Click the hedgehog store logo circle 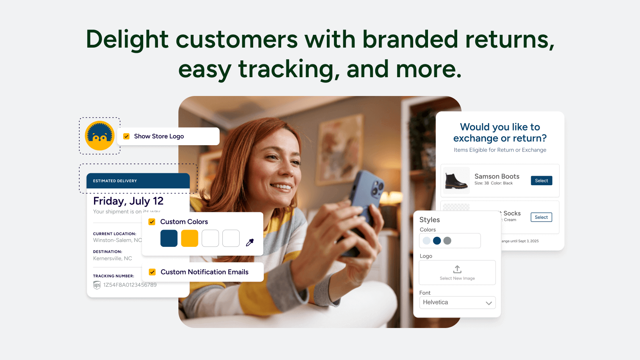pyautogui.click(x=100, y=136)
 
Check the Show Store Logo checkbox pyautogui.click(x=126, y=136)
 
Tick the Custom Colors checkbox pyautogui.click(x=152, y=222)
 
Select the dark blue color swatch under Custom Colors pyautogui.click(x=169, y=238)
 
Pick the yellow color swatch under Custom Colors pyautogui.click(x=190, y=238)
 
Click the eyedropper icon pyautogui.click(x=250, y=242)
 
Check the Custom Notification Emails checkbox pyautogui.click(x=152, y=272)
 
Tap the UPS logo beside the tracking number pyautogui.click(x=97, y=285)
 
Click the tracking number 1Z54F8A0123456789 pyautogui.click(x=130, y=285)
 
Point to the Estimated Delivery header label pyautogui.click(x=115, y=181)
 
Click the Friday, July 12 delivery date pyautogui.click(x=128, y=201)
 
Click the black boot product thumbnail pyautogui.click(x=456, y=181)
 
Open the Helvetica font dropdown pyautogui.click(x=457, y=302)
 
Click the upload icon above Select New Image pyautogui.click(x=457, y=269)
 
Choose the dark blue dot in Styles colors pyautogui.click(x=437, y=240)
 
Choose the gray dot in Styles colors pyautogui.click(x=447, y=240)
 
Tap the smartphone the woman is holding pyautogui.click(x=366, y=208)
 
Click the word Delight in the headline pyautogui.click(x=127, y=40)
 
